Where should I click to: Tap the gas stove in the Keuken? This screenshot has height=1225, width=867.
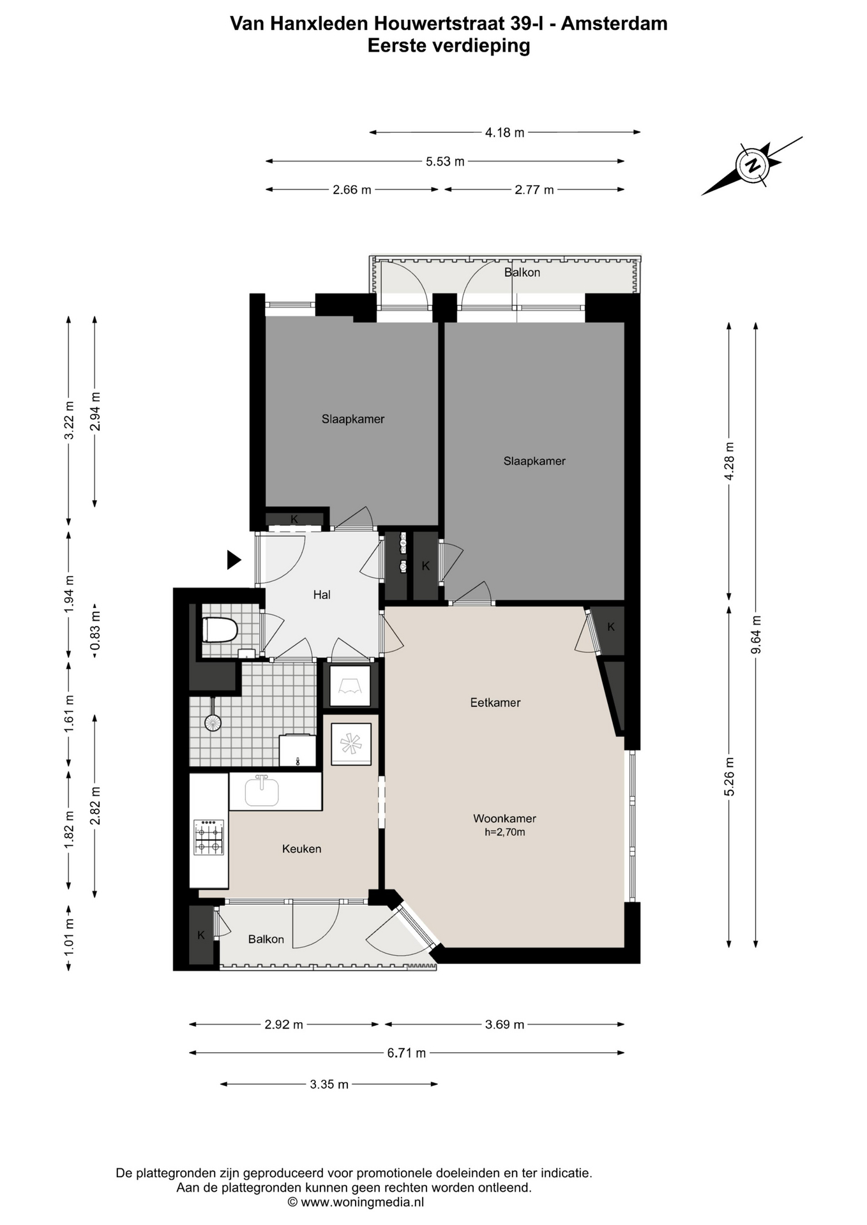(x=209, y=837)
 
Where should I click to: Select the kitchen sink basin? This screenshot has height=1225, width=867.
(x=262, y=792)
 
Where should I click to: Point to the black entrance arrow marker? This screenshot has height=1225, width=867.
(x=234, y=560)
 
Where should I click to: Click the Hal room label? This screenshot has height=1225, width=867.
(x=322, y=595)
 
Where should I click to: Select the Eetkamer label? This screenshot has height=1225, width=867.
(x=495, y=702)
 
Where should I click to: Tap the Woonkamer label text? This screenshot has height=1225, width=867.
(x=504, y=819)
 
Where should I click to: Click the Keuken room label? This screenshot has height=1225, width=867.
(x=302, y=849)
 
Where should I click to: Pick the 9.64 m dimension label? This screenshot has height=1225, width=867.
(x=756, y=635)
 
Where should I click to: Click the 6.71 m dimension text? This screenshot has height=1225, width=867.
(x=407, y=1053)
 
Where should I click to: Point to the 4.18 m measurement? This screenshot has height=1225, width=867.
(x=505, y=133)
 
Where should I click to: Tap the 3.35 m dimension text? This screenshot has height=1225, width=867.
(x=329, y=1084)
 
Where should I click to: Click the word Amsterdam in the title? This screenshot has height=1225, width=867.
(x=614, y=24)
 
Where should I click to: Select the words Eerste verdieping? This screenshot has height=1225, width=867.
(x=449, y=46)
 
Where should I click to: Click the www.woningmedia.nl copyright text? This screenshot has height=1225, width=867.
(x=356, y=1202)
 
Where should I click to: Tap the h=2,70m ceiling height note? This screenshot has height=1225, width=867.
(x=504, y=832)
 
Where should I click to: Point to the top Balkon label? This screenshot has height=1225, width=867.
(x=522, y=272)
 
